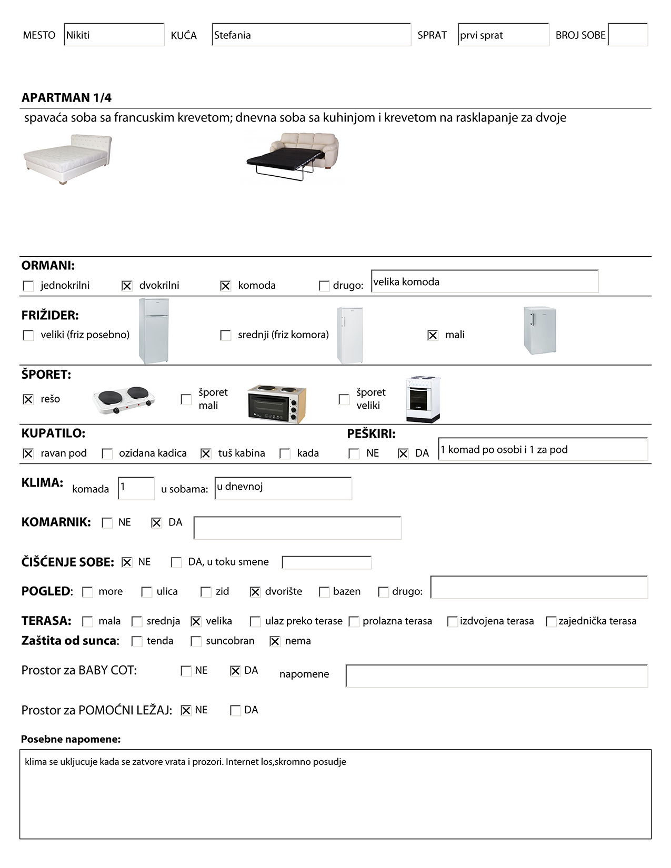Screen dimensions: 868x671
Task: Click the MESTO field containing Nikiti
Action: click(114, 35)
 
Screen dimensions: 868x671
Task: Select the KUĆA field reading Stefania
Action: click(311, 35)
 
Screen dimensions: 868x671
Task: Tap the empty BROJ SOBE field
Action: click(627, 35)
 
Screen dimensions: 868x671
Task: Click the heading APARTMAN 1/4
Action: click(66, 98)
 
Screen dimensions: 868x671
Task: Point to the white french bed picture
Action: click(67, 158)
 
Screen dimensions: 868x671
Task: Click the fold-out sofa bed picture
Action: click(293, 156)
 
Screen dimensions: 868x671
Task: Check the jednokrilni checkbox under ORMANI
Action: click(28, 286)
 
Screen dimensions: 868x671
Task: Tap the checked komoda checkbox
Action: click(225, 286)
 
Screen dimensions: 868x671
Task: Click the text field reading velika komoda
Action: click(484, 281)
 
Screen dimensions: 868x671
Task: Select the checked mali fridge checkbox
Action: click(433, 335)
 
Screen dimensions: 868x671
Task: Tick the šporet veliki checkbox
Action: click(344, 399)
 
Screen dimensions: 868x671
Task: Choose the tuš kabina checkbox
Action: click(206, 453)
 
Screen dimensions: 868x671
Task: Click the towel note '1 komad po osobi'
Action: click(543, 449)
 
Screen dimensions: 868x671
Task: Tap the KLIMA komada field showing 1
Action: click(136, 488)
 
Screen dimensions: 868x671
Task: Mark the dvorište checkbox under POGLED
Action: click(255, 592)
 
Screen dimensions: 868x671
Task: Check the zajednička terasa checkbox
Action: click(551, 621)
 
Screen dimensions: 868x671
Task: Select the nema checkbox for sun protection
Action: click(275, 641)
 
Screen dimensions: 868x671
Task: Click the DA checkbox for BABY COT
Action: click(235, 671)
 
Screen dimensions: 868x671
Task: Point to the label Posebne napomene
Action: click(71, 739)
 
